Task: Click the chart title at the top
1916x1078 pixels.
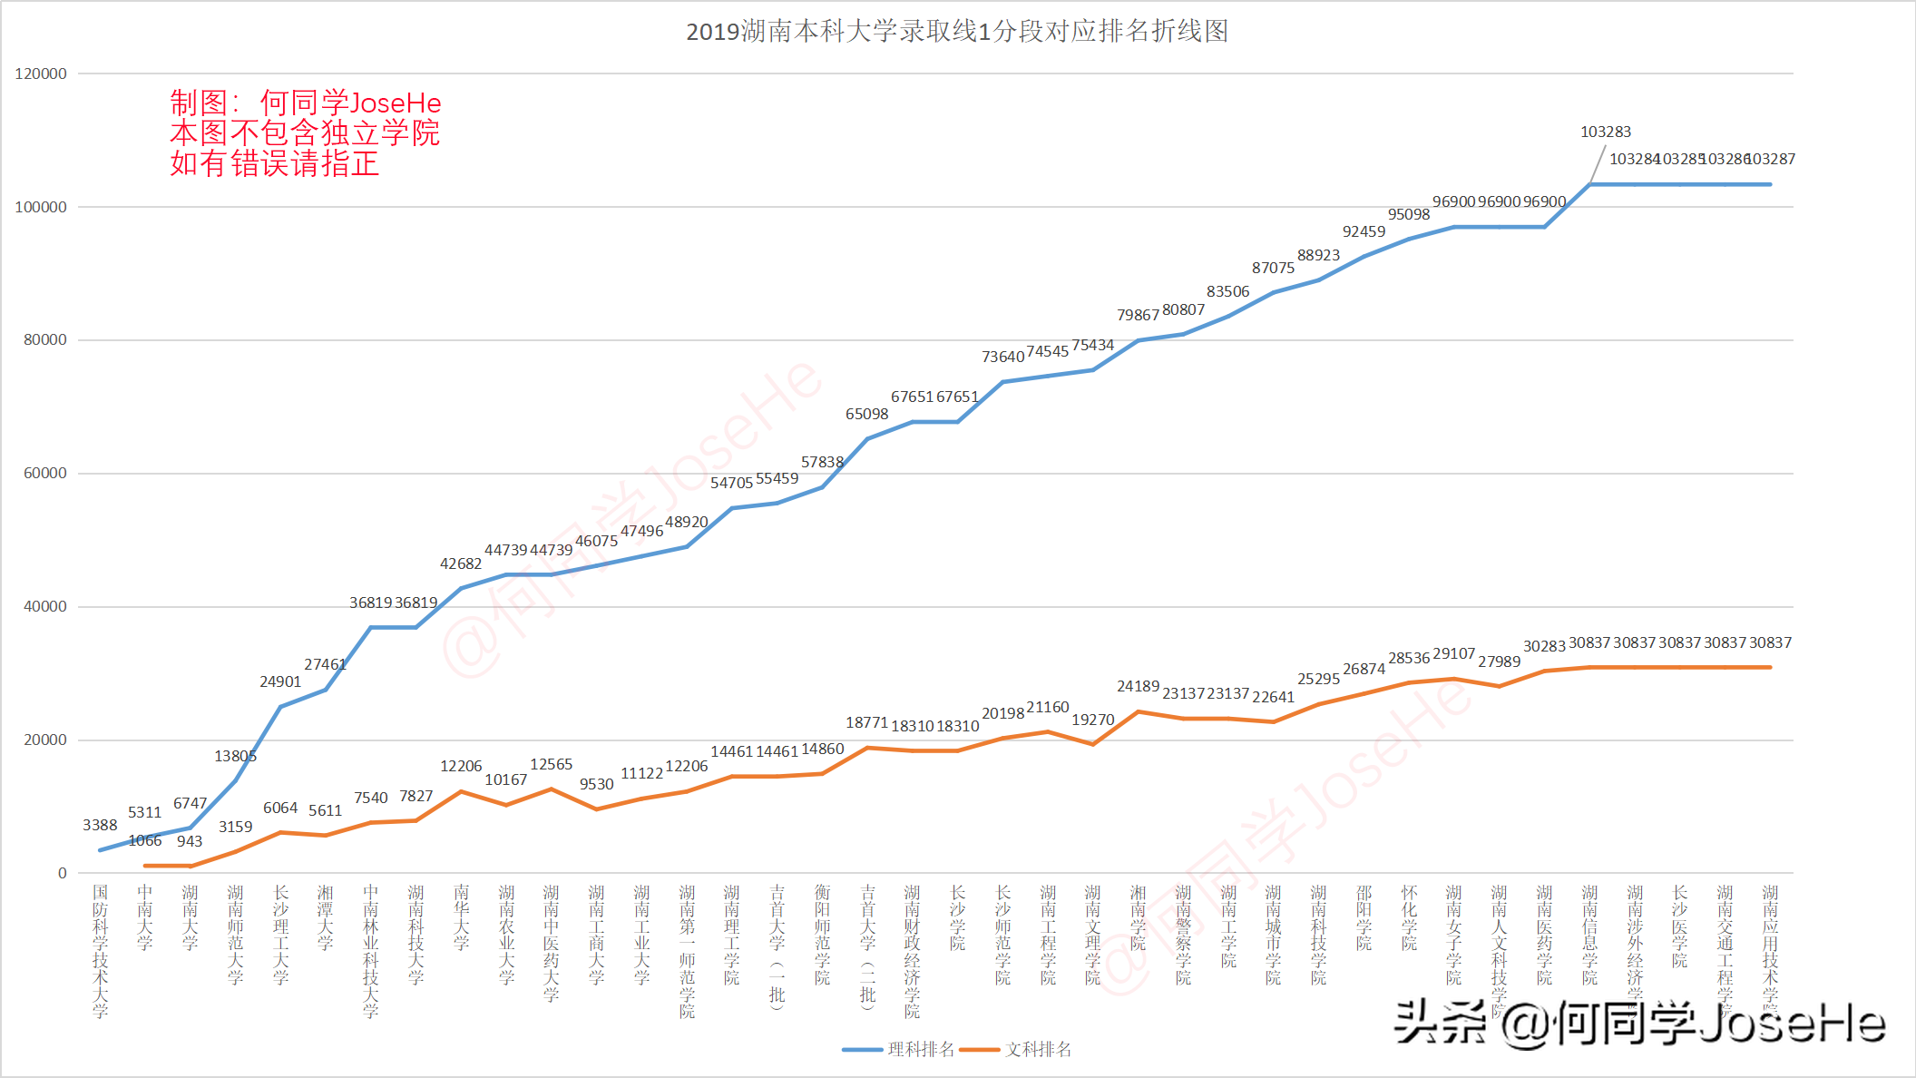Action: [957, 32]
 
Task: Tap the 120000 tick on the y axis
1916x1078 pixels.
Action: [41, 74]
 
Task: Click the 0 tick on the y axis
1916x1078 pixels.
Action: [62, 873]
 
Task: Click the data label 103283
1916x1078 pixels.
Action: [1605, 132]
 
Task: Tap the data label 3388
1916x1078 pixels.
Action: [100, 825]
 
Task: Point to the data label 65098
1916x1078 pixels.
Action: [866, 415]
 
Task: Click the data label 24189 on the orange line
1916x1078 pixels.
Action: [1138, 687]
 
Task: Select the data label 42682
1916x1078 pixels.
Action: [461, 564]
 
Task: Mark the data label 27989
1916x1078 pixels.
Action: [1499, 662]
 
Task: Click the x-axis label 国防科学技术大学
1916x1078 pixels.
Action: [100, 951]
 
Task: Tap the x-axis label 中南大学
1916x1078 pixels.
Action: [145, 917]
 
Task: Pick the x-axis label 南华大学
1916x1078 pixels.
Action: [461, 917]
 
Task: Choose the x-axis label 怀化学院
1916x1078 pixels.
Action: [1409, 917]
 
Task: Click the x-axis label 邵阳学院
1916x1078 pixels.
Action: [1364, 917]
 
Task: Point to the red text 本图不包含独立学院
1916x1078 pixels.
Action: [305, 133]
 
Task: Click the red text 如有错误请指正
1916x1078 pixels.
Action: [274, 164]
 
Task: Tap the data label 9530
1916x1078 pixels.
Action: [596, 785]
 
